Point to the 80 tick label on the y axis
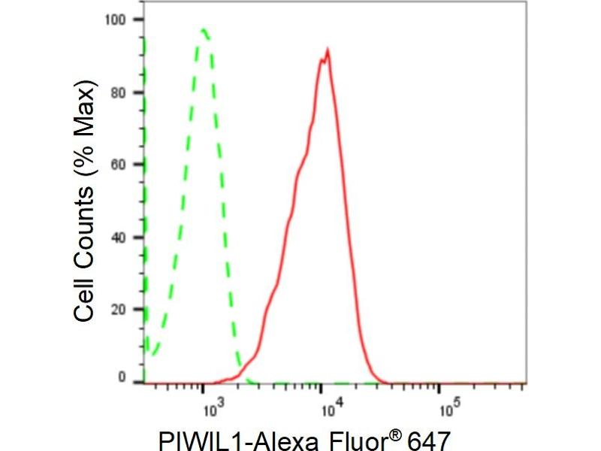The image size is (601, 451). coord(119,92)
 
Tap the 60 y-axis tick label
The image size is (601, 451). coord(119,164)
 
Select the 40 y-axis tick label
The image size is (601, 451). coord(119,237)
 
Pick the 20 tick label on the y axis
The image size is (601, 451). coord(119,309)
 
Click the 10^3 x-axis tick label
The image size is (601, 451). coord(213,408)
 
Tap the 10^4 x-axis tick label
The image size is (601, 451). coord(331,408)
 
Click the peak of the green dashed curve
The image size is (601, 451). coord(204,30)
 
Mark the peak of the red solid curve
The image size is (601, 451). coord(328,50)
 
